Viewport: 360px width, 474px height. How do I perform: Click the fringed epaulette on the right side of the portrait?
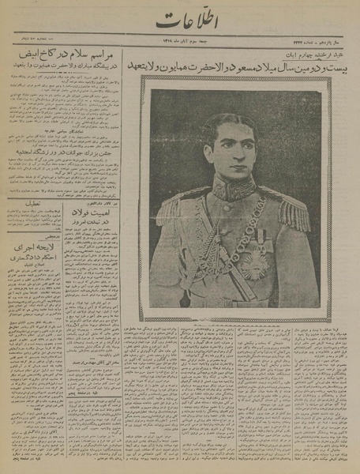click(x=294, y=209)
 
